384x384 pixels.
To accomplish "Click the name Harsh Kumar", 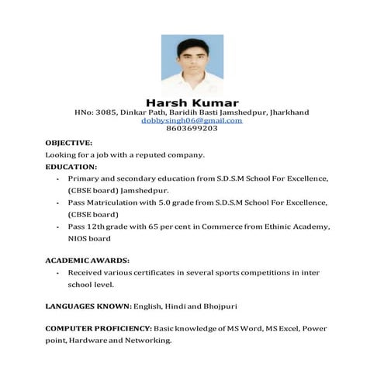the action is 192,102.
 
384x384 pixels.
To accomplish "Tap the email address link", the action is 192,120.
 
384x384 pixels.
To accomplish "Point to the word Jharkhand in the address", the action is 289,112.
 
